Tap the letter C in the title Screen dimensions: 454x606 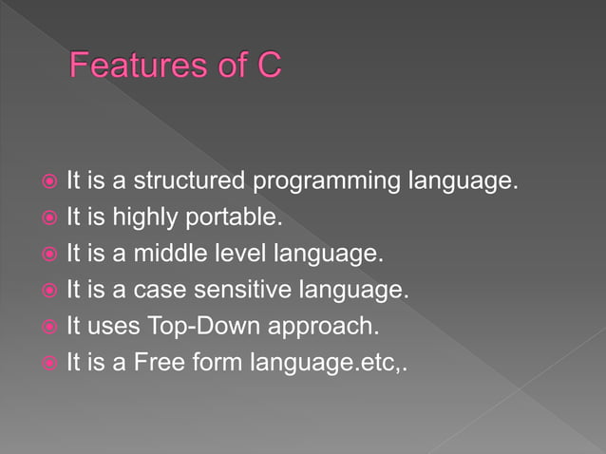(268, 68)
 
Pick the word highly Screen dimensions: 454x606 (165, 218)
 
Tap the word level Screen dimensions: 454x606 (237, 254)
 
